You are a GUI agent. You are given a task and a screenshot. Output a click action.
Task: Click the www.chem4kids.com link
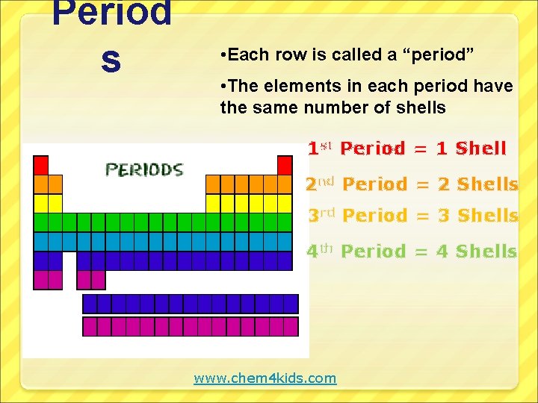pos(265,378)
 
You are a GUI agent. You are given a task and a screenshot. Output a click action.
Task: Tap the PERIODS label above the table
pos(144,170)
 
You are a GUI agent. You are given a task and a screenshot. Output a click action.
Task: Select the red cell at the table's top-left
pos(41,165)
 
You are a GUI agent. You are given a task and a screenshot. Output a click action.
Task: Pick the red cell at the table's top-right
pos(285,165)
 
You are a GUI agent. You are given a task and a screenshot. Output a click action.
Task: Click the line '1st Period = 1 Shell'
pos(407,149)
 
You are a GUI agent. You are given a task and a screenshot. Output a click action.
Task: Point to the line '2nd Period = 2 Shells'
pos(412,184)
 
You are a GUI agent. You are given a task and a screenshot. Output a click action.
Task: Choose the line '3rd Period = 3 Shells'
pos(413,216)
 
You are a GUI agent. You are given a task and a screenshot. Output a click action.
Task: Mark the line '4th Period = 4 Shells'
pos(412,252)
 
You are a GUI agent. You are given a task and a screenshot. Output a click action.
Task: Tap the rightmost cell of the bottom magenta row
pos(291,327)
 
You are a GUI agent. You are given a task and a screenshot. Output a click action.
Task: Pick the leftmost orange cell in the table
pos(41,184)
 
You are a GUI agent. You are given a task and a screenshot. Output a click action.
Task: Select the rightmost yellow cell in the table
pos(285,203)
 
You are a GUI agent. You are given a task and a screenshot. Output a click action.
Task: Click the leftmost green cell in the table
pos(41,222)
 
